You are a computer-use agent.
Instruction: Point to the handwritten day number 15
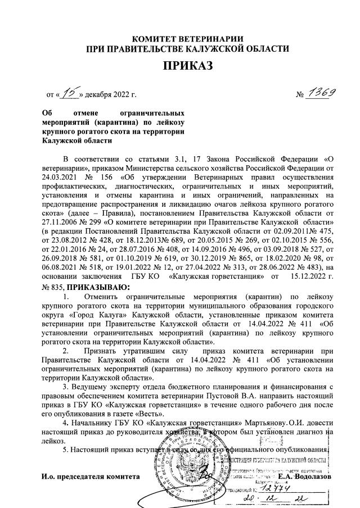point(69,93)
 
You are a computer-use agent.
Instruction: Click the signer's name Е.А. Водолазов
point(304,478)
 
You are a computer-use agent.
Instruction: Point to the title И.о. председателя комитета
point(91,478)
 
